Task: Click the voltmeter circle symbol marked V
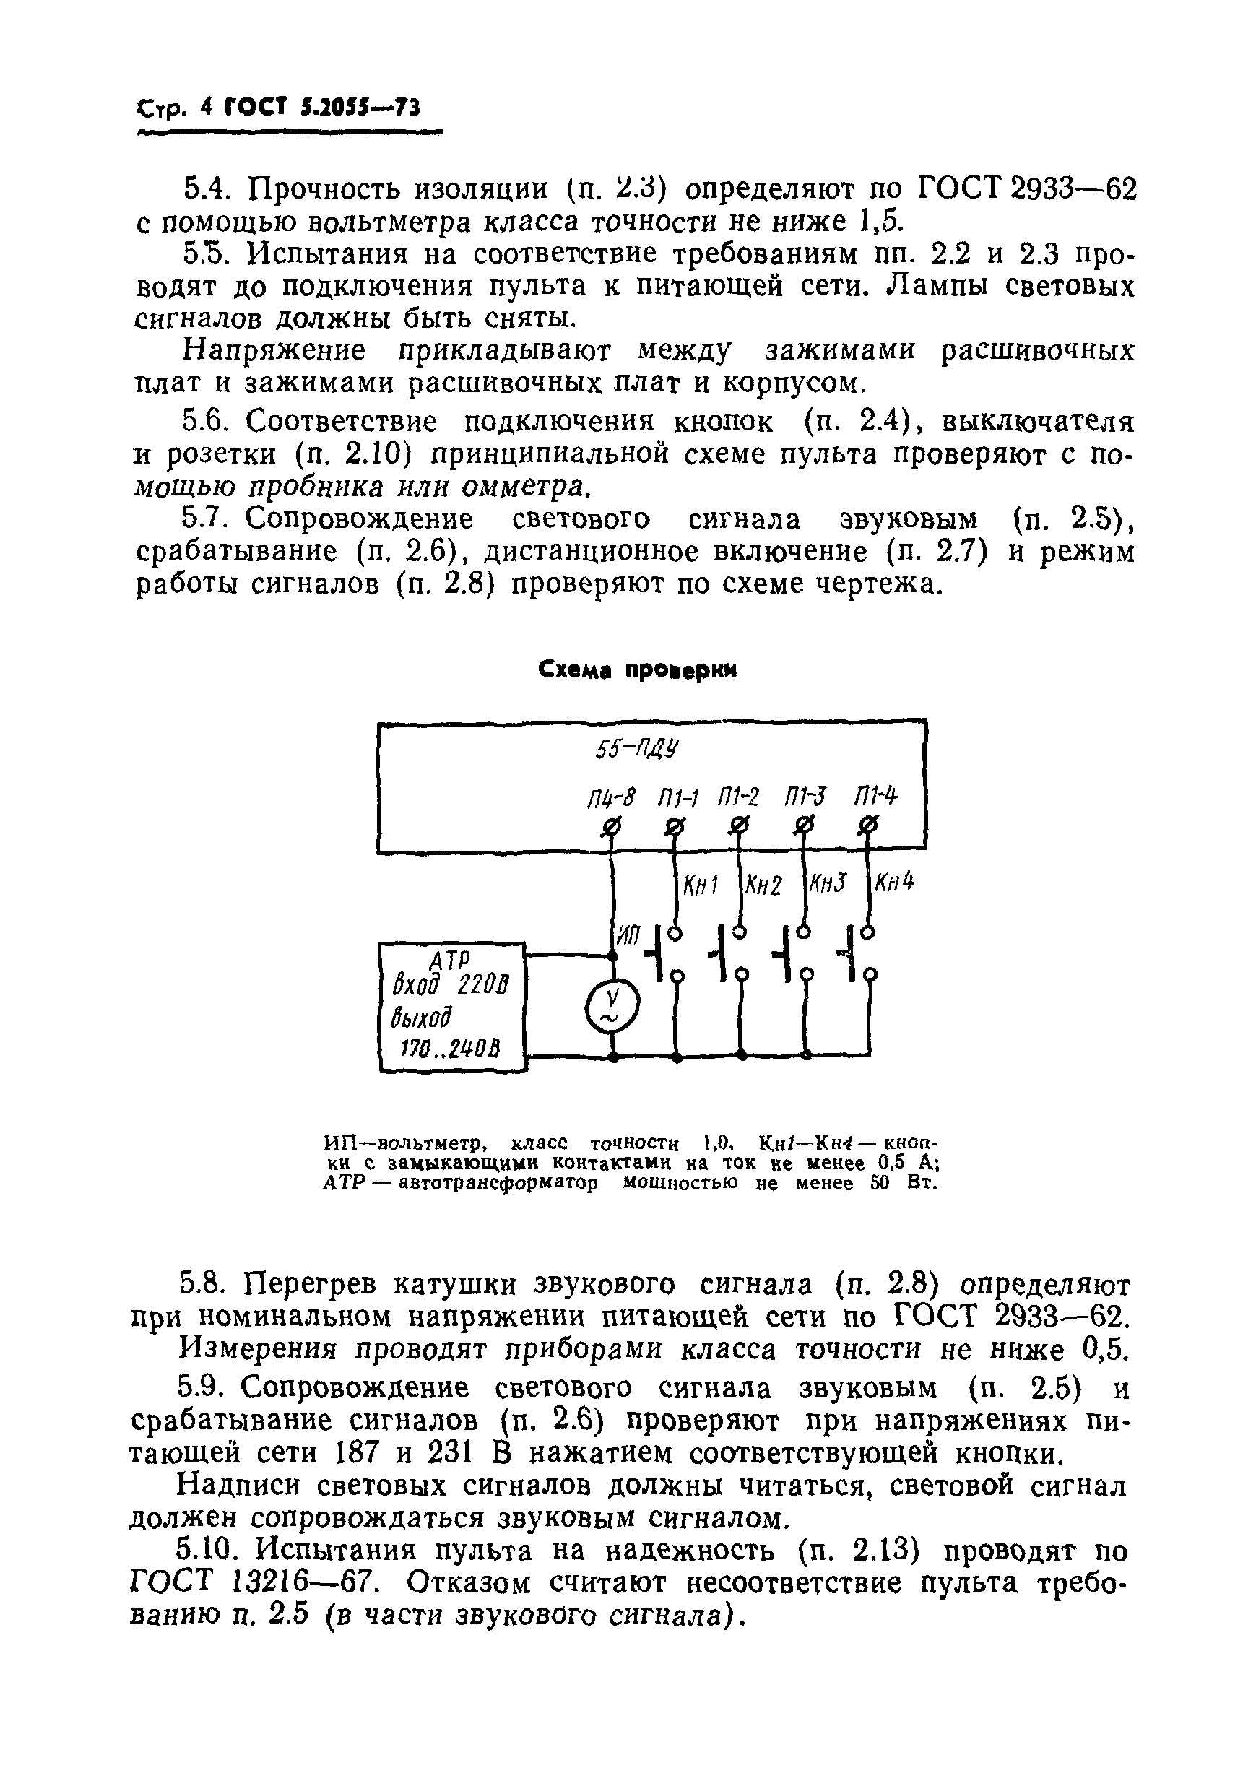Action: tap(613, 1005)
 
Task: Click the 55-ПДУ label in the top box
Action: tap(637, 749)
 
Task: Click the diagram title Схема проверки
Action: tap(637, 670)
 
